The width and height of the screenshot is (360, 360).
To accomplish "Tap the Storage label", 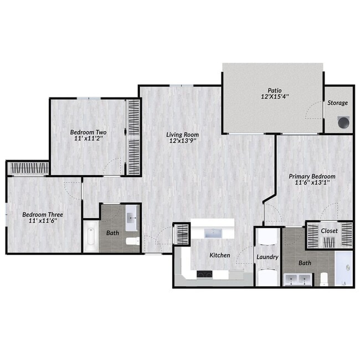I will (337, 103).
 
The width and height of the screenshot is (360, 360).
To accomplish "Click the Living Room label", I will (184, 135).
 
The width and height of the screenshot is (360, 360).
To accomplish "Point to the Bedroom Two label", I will (88, 132).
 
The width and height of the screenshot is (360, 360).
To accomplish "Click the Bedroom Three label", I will (43, 214).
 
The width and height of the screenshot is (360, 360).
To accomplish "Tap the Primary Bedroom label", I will (312, 177).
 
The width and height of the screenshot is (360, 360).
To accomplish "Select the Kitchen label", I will (219, 255).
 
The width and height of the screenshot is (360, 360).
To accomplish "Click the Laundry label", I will (267, 257).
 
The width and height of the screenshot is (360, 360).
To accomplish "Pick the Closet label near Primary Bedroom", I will (329, 230).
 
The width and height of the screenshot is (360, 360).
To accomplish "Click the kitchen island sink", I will (213, 233).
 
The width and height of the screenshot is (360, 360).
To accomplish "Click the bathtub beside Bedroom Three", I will (91, 237).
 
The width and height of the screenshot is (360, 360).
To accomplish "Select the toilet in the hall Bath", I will (132, 241).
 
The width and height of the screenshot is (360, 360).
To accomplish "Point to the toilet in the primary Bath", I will (324, 278).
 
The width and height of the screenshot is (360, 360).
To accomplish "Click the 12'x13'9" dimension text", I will (184, 141).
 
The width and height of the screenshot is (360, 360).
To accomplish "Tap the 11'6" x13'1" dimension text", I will (312, 184).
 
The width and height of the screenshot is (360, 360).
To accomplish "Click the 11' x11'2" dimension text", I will (88, 140).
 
